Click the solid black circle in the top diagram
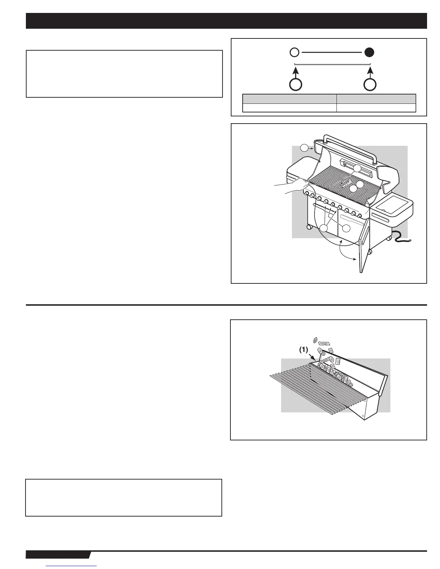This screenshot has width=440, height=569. click(x=369, y=52)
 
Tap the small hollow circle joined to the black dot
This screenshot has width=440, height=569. click(x=294, y=52)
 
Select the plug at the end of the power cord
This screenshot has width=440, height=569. click(x=409, y=240)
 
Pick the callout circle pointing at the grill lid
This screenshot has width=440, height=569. click(x=305, y=147)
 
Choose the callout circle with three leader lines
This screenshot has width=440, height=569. click(x=325, y=228)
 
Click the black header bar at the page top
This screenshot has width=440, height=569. click(x=226, y=21)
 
